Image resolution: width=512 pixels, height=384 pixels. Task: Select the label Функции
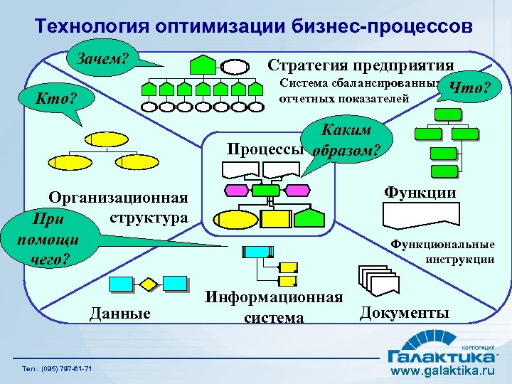(420, 192)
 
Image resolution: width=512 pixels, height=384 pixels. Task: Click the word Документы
(405, 312)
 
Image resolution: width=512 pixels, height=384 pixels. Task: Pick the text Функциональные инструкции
(443, 252)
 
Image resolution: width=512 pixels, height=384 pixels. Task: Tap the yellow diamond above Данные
(148, 284)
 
